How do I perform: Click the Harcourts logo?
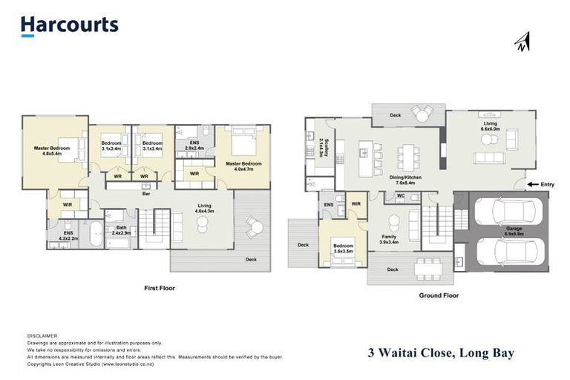point(69,25)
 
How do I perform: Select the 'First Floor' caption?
point(159,287)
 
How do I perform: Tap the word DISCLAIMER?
point(42,335)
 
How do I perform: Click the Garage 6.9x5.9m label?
point(514,231)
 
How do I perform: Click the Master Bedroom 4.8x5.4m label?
point(52,151)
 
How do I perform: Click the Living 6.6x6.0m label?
point(490,127)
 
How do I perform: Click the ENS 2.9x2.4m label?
point(194,145)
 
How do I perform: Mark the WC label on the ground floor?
point(399,197)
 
